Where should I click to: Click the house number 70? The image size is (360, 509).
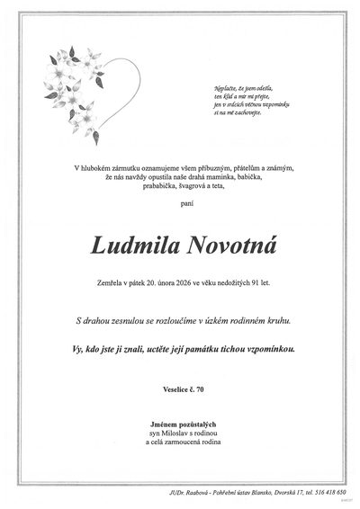pos(201,388)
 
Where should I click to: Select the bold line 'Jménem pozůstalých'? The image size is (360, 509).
pos(180,422)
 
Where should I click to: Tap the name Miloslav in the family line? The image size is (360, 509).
pos(175,432)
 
